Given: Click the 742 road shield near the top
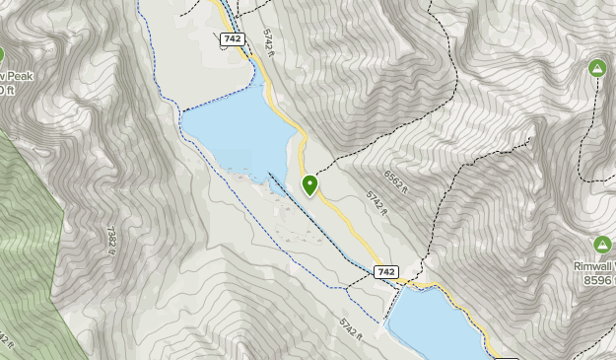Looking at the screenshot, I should (x=233, y=39).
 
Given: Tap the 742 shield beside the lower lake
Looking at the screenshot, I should (x=386, y=271).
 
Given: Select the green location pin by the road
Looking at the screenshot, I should (x=310, y=184).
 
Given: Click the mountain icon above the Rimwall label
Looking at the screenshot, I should (x=601, y=245).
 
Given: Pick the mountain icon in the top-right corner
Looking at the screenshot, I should (x=596, y=68).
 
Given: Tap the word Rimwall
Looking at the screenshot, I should (x=595, y=266).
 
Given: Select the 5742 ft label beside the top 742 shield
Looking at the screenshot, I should (x=269, y=44).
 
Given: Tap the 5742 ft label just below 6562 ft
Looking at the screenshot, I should (x=377, y=202).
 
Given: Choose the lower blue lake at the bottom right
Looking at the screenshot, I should (x=434, y=325).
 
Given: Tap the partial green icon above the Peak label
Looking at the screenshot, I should (x=2, y=56).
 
